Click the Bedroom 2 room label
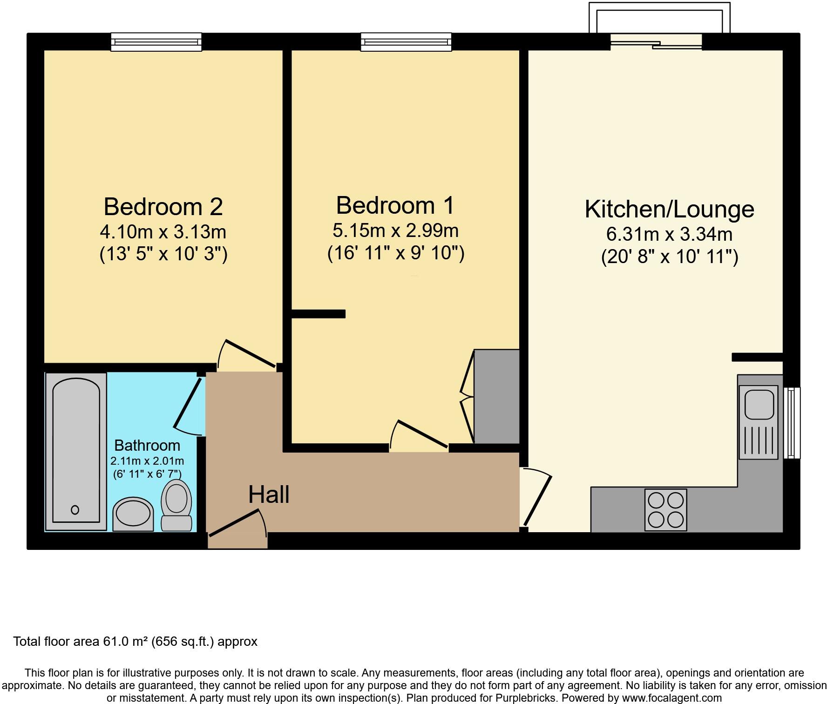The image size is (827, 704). click(163, 206)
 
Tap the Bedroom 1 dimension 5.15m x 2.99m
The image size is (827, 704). click(395, 230)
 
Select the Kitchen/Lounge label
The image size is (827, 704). click(669, 209)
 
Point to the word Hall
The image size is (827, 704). click(269, 494)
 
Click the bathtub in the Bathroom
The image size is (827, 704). click(76, 450)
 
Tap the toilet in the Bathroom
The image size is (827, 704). click(176, 505)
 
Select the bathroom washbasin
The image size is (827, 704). click(134, 514)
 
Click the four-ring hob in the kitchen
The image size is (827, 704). click(665, 509)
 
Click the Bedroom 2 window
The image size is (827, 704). click(156, 42)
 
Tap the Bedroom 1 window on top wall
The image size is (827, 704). click(406, 42)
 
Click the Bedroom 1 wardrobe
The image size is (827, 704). click(496, 396)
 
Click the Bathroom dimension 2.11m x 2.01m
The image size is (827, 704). click(147, 461)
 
